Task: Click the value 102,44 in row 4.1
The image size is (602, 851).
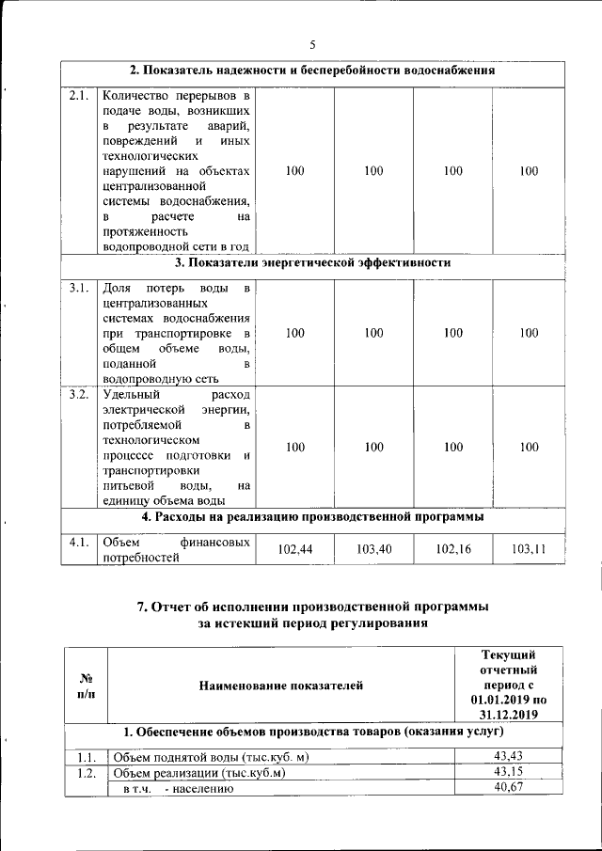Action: (x=295, y=548)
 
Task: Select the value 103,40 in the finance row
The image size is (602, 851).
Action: (x=374, y=548)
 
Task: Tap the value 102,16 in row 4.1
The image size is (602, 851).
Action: (x=453, y=548)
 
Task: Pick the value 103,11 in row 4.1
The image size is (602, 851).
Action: (x=529, y=548)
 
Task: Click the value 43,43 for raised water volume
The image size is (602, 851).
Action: (x=508, y=757)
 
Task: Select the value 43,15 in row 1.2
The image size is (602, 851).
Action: (x=508, y=773)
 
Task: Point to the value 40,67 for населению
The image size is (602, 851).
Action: (x=508, y=789)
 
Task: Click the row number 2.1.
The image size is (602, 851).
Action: (x=79, y=95)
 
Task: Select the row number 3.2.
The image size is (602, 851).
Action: (x=79, y=394)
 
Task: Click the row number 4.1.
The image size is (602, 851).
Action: (x=79, y=542)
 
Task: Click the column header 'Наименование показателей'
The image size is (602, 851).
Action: (x=280, y=686)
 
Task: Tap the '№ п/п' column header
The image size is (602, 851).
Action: (x=86, y=686)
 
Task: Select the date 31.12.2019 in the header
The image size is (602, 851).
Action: (x=508, y=714)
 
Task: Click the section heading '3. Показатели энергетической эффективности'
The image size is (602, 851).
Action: (x=312, y=262)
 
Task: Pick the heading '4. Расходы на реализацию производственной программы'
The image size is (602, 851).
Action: (x=312, y=516)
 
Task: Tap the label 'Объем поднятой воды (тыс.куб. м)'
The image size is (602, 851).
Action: (x=212, y=758)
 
